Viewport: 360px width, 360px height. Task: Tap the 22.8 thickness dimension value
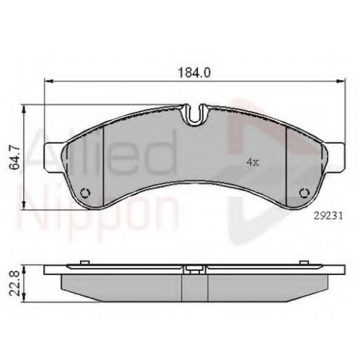tap(15, 284)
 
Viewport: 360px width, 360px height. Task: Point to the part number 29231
tap(328, 216)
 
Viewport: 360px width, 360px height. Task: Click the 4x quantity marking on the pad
tap(253, 163)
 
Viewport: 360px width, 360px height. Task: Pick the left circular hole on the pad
tap(85, 192)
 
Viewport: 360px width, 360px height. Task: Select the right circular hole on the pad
tap(305, 193)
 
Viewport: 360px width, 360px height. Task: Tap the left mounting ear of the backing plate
tap(54, 157)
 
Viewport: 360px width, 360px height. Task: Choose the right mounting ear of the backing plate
tap(335, 157)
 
